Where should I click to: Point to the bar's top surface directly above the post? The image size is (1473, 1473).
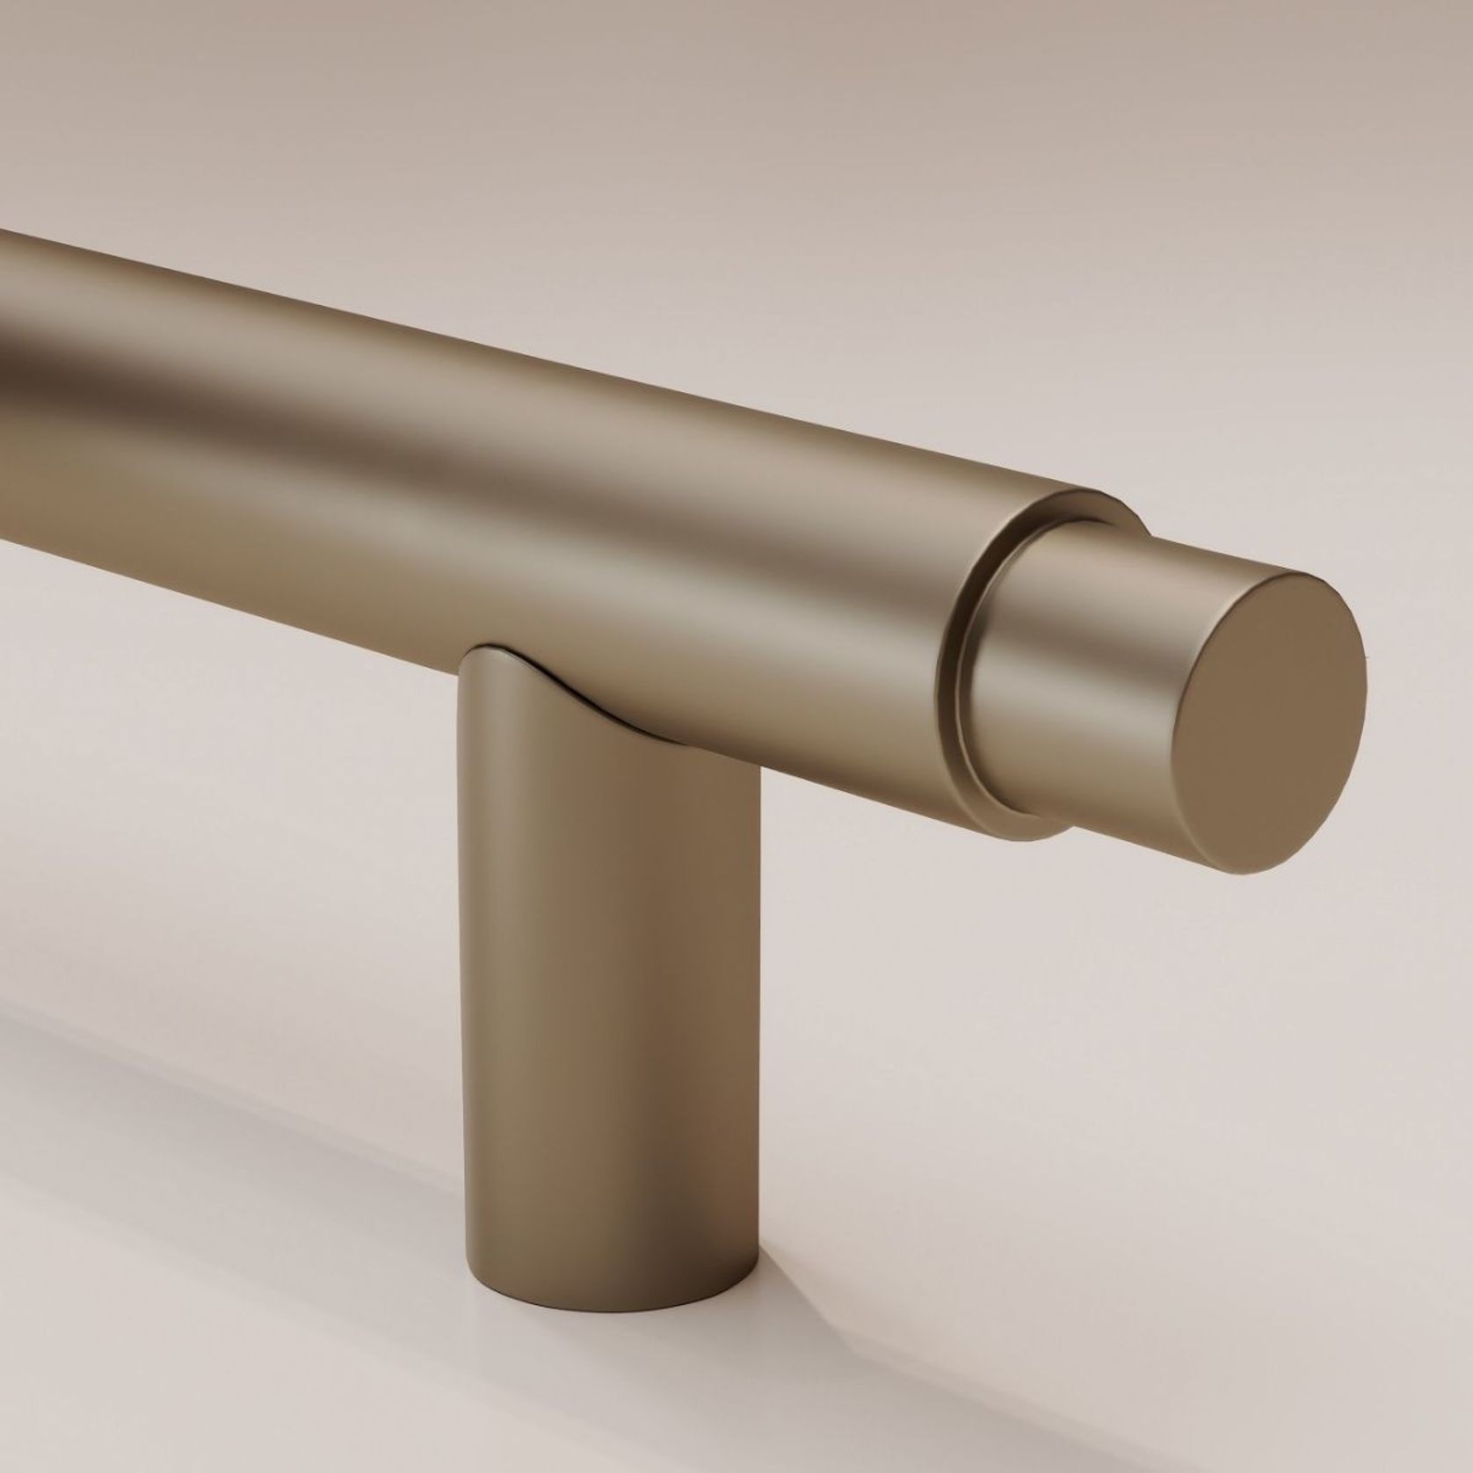[x=615, y=413]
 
